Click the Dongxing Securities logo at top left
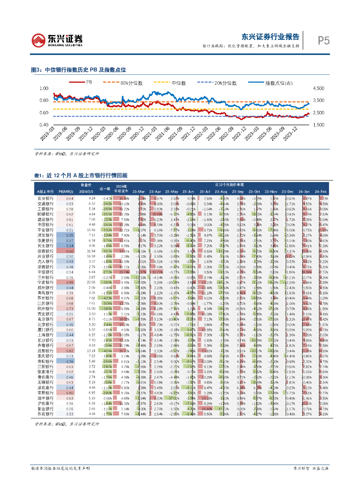pyautogui.click(x=57, y=40)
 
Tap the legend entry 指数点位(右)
pyautogui.click(x=272, y=83)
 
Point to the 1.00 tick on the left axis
pyautogui.click(x=44, y=89)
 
